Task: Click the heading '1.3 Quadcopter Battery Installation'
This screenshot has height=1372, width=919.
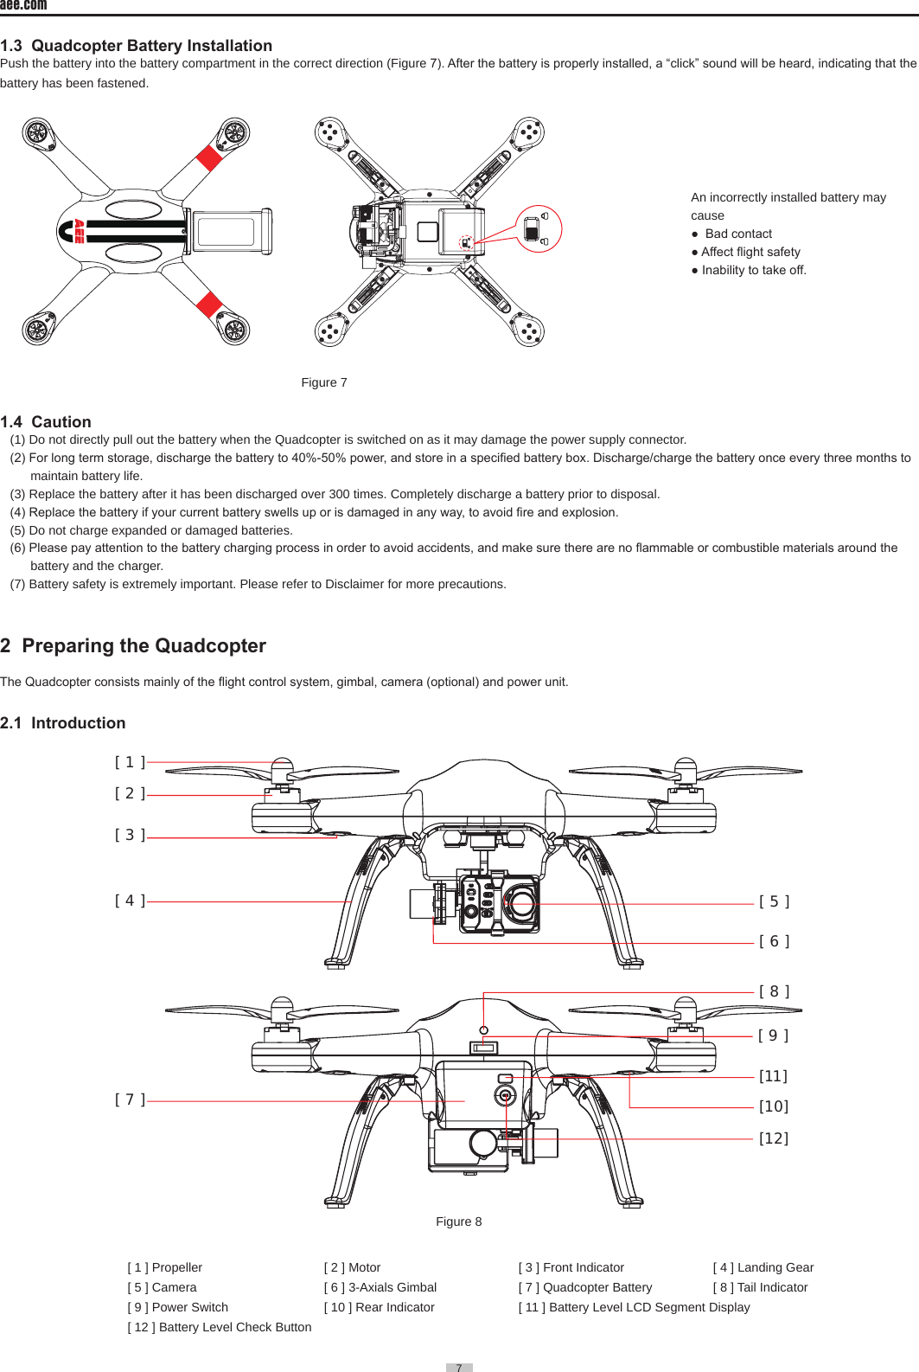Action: click(136, 46)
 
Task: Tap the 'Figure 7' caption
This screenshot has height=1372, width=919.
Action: click(324, 382)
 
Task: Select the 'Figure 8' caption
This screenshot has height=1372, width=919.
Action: click(458, 1221)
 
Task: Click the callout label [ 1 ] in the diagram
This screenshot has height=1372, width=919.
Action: click(130, 762)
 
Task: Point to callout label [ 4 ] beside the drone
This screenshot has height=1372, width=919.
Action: click(130, 901)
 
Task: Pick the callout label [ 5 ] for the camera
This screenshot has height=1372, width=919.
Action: click(774, 901)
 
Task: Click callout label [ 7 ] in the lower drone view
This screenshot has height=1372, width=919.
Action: click(130, 1100)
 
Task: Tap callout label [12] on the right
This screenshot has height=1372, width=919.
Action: click(774, 1138)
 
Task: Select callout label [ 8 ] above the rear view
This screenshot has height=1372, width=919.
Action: click(774, 991)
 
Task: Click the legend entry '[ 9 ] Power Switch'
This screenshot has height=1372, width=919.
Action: click(178, 1307)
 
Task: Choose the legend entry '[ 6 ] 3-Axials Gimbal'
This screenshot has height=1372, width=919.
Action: click(380, 1287)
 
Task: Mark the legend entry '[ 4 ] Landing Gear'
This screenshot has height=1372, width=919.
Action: click(763, 1267)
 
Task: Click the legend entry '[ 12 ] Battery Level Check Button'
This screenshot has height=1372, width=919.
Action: click(220, 1327)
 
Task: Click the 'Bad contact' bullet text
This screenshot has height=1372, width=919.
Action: click(737, 234)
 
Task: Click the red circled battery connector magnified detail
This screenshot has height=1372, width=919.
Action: click(538, 229)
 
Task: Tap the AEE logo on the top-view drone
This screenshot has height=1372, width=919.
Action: click(78, 231)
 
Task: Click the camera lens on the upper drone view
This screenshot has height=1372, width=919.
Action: click(522, 905)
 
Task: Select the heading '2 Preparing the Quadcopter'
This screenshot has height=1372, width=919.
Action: click(133, 646)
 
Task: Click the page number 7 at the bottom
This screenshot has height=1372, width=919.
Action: click(459, 1367)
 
